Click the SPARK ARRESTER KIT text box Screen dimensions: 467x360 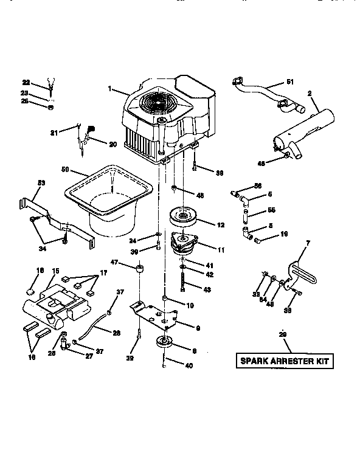point(284,361)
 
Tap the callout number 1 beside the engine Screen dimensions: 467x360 point(111,89)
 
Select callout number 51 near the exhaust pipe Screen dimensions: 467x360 point(289,83)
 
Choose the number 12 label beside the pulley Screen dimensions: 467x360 point(220,224)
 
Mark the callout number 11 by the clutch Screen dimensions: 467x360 point(220,249)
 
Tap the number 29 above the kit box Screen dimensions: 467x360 point(282,335)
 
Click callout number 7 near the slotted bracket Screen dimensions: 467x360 point(307,243)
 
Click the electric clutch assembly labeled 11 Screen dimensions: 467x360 point(185,244)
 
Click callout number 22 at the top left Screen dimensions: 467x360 point(26,82)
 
